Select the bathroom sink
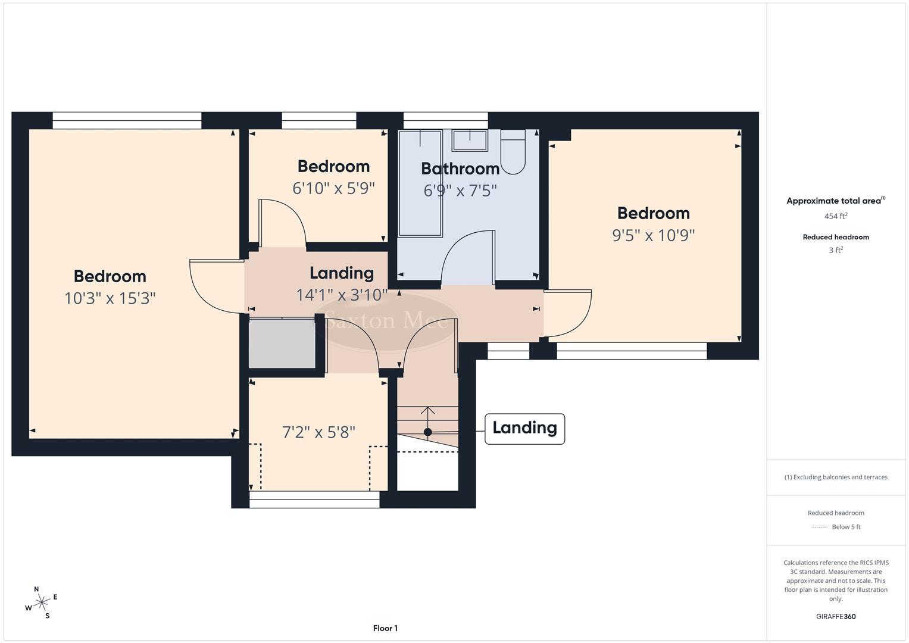coord(470,141)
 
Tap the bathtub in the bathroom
coord(420,183)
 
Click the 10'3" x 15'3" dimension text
coord(110,298)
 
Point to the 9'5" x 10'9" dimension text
coord(654,235)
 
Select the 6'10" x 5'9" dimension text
coord(333,188)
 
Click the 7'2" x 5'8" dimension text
coord(318,432)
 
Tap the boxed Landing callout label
coord(524,428)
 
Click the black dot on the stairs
coord(427,432)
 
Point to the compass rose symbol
coord(41,603)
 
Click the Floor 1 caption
coord(385,628)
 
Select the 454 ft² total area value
coord(836,216)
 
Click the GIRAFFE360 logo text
coord(836,616)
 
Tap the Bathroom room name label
coord(460,168)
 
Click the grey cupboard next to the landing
coord(282,344)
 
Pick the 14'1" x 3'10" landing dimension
coord(342,294)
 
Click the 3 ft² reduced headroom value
coord(836,250)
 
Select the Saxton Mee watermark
coord(387,321)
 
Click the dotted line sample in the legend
coord(819,527)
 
